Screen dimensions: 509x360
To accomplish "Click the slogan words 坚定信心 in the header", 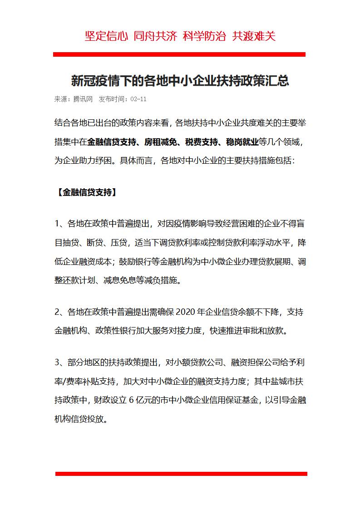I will [x=107, y=36].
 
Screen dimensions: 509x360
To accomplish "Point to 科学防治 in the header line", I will [x=204, y=36].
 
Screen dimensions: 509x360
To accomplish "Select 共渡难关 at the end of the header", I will [x=254, y=36].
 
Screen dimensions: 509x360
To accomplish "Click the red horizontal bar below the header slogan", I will [x=179, y=54].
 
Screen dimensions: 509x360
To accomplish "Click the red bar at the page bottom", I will [x=181, y=474].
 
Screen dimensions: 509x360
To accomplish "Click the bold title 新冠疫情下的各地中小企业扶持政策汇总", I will [x=180, y=81].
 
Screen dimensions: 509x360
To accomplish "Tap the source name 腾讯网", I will [x=83, y=99].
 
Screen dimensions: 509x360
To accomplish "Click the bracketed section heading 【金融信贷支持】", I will [x=86, y=192].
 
